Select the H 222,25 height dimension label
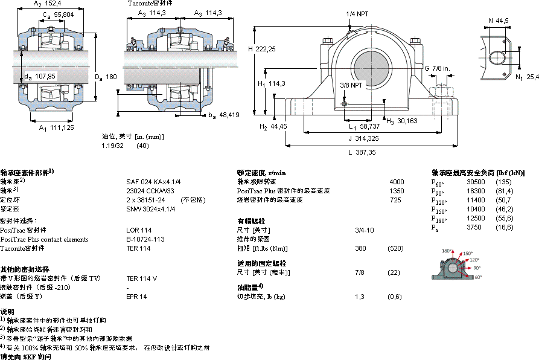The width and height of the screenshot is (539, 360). coord(262,49)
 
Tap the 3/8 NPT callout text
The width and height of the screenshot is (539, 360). coord(351,85)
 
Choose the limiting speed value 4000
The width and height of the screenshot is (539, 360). coord(397,181)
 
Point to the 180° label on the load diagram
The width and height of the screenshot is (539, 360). coord(446,251)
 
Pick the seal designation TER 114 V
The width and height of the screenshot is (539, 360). coord(142,278)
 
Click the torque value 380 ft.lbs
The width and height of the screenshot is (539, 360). coord(361,248)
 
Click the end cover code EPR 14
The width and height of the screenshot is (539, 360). coord(136,297)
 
